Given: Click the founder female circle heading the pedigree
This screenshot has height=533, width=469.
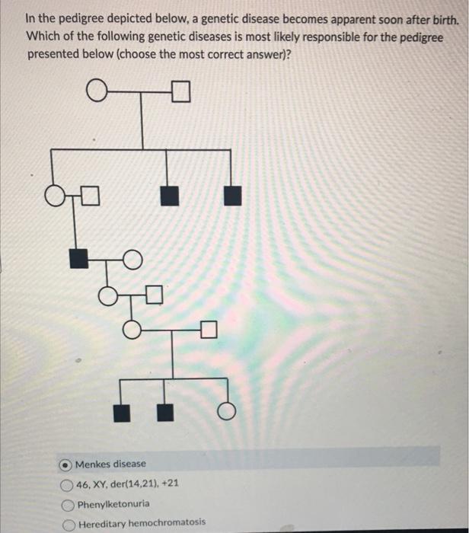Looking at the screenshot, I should coord(96,94).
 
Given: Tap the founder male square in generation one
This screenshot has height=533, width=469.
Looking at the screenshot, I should coord(180,94).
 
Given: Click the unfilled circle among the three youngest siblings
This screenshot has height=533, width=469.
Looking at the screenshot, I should coord(225,413).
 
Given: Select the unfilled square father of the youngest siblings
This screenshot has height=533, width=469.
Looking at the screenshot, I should coord(210,330).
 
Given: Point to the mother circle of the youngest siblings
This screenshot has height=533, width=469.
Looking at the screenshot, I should coord(132,330).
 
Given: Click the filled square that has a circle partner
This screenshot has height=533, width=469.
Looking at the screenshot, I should coord(78,259).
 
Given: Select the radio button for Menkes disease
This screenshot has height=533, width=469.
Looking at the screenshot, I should coord(66,464).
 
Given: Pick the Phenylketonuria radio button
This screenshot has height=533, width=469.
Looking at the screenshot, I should coord(66,504).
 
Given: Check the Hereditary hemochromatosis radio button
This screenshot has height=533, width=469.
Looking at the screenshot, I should coord(66,523).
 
